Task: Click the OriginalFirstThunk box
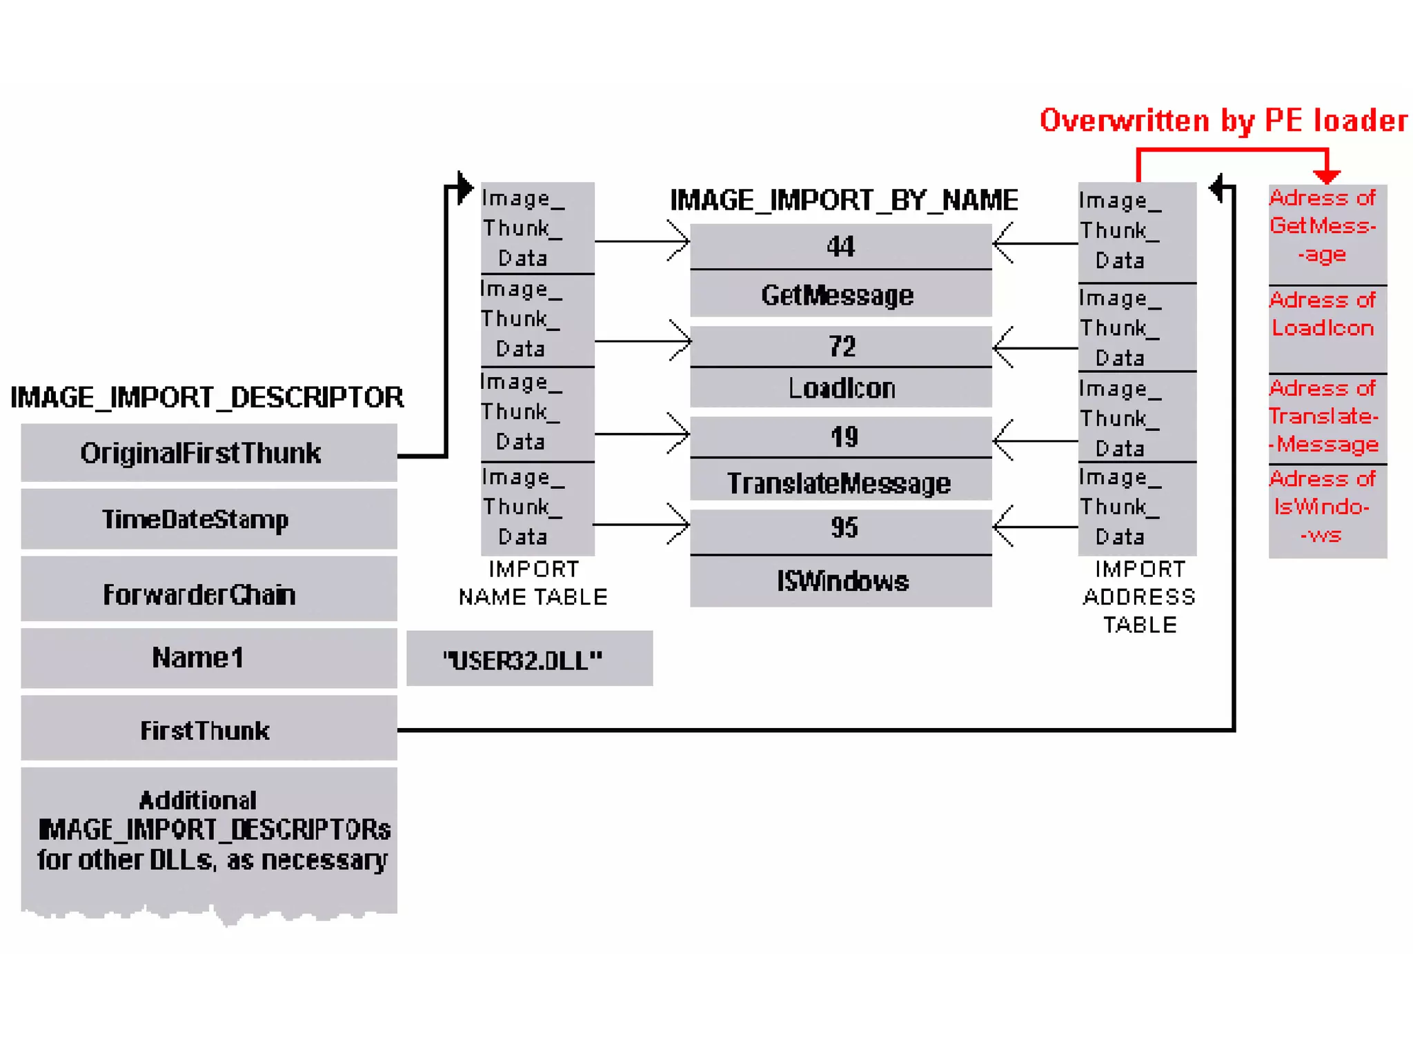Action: point(208,453)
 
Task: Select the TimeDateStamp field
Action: point(208,519)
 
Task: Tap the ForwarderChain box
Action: point(208,594)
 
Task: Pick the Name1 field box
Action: point(208,658)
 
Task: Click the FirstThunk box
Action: point(208,729)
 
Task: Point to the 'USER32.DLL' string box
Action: point(528,659)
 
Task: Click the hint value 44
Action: point(840,246)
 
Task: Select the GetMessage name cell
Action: point(840,295)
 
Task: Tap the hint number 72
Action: point(840,346)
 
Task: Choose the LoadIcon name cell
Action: point(840,388)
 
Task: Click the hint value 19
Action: point(840,436)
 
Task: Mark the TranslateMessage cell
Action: point(840,483)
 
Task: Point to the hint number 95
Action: point(840,528)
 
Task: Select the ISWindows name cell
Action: point(840,581)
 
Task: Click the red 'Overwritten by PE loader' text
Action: point(1223,121)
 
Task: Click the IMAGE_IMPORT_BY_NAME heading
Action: point(843,201)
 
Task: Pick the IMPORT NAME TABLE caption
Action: point(533,583)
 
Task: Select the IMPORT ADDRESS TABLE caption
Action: point(1139,597)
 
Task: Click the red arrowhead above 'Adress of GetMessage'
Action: point(1326,176)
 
